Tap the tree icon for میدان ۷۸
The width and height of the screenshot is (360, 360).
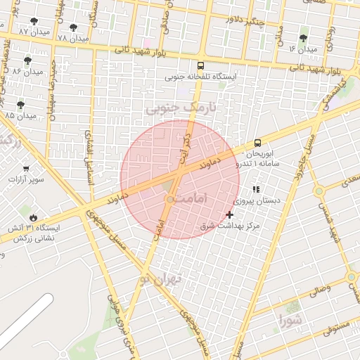click(x=73, y=27)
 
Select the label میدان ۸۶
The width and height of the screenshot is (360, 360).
click(x=28, y=72)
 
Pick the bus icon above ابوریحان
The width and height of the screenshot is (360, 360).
click(x=257, y=142)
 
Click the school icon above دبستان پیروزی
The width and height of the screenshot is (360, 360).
click(x=256, y=189)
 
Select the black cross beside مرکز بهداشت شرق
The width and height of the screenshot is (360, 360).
click(x=229, y=214)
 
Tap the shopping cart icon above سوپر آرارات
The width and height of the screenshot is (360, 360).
click(x=26, y=169)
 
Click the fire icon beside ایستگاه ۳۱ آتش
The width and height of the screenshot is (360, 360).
click(x=32, y=217)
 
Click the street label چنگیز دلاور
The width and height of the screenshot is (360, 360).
click(x=253, y=20)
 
